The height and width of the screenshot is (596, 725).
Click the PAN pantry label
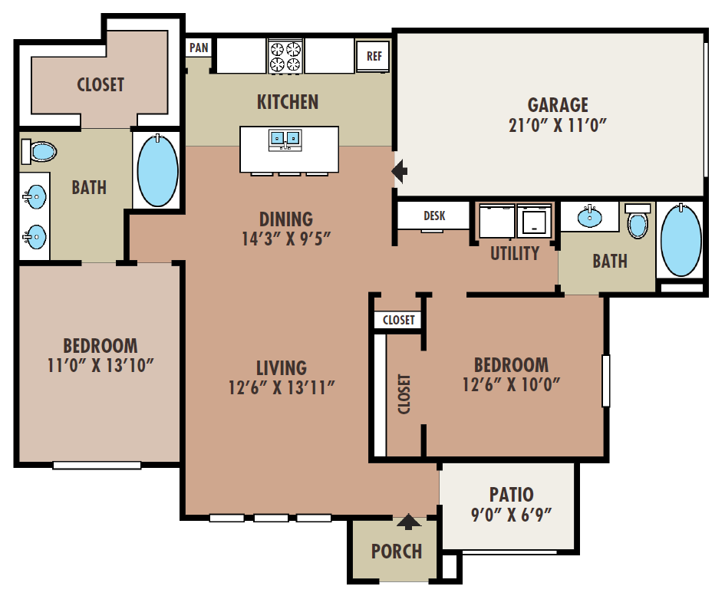tap(199, 48)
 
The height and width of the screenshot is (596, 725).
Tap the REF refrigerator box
tap(374, 56)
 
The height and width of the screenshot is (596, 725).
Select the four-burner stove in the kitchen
tap(285, 56)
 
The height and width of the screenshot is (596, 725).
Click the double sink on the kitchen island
tap(285, 140)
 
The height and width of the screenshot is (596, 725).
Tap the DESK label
tap(433, 216)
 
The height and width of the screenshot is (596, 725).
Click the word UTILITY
tap(515, 253)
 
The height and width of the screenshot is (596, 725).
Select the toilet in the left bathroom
tap(39, 151)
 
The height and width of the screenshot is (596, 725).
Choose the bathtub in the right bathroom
tap(680, 239)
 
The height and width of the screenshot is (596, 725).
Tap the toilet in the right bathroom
tap(638, 222)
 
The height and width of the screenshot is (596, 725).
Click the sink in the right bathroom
tap(589, 216)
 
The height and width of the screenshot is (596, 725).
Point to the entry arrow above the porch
tap(408, 523)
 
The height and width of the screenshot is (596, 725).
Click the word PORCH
tap(397, 551)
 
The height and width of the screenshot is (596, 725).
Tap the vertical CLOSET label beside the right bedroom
tap(404, 393)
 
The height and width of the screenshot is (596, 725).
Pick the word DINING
tap(285, 219)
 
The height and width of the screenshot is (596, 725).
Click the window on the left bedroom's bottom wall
tap(97, 465)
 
